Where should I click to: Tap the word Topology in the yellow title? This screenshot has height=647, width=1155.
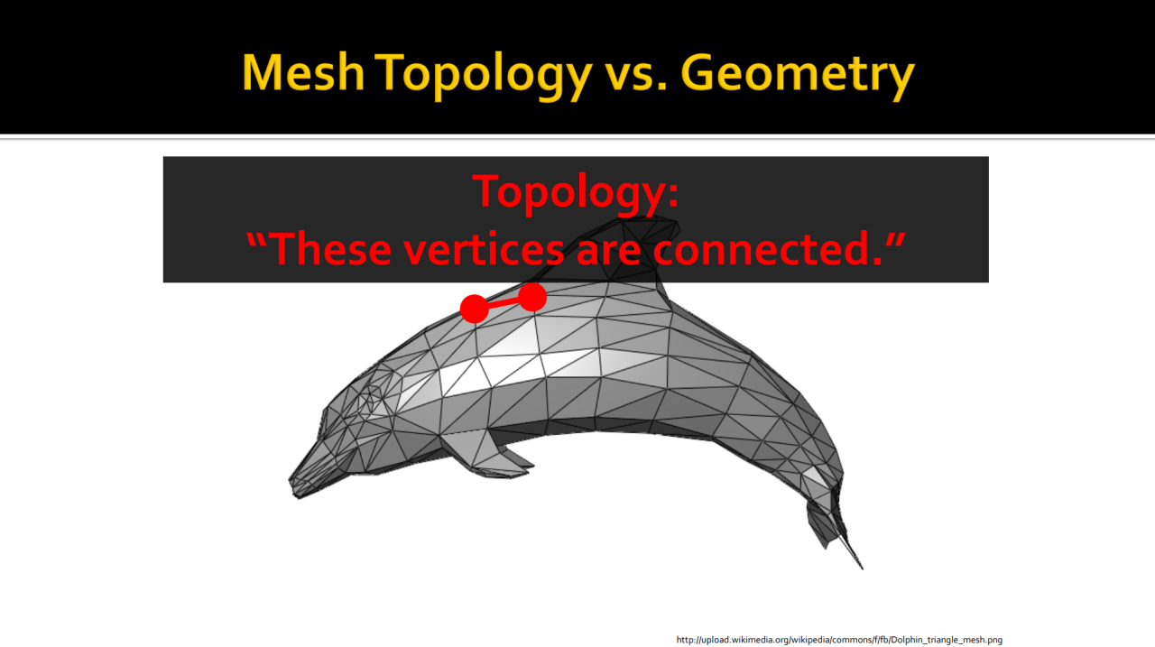(x=483, y=75)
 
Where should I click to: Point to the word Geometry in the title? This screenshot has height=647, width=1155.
(x=797, y=75)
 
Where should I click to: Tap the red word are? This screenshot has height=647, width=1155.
(x=608, y=253)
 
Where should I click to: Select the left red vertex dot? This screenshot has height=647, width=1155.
(x=474, y=309)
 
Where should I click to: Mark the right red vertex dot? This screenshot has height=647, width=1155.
(x=532, y=297)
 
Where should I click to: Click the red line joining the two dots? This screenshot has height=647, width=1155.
(x=504, y=302)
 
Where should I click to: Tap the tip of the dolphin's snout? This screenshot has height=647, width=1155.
(x=291, y=482)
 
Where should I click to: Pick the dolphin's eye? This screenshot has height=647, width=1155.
(x=369, y=401)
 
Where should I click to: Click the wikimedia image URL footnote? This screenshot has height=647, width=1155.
(x=839, y=640)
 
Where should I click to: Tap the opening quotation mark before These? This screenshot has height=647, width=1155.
(x=256, y=240)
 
